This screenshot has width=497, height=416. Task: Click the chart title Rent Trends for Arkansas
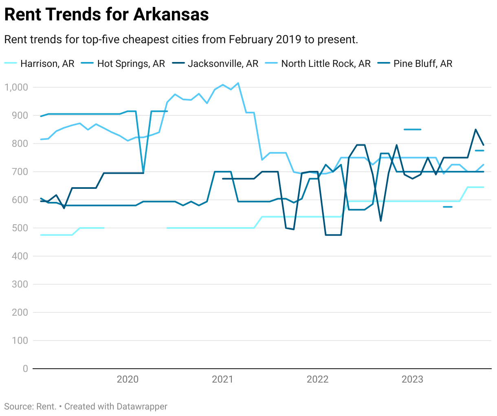pos(106,15)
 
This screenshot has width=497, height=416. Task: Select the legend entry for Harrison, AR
pos(47,64)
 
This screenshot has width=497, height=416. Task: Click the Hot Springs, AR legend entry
pos(131,64)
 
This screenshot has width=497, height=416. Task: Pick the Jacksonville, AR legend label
pos(223,64)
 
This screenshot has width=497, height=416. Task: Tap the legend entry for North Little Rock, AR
pos(326,64)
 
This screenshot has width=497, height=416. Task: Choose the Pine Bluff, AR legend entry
pos(423,64)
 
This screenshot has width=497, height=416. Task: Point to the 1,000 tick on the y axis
pos(16,87)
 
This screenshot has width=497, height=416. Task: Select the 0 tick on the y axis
pos(25,369)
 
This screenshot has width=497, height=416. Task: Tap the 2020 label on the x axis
pos(128,379)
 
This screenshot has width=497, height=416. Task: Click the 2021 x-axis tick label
pos(222,379)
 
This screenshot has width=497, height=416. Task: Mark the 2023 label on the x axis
pos(412,379)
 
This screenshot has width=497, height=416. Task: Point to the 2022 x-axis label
pos(317,379)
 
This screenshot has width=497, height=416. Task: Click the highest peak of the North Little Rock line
pos(238,83)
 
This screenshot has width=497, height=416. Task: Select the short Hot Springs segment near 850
pos(412,130)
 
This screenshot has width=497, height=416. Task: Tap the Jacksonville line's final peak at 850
pos(475,130)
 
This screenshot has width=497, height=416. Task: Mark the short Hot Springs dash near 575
pos(448,207)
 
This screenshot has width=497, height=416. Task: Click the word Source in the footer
pos(19,407)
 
